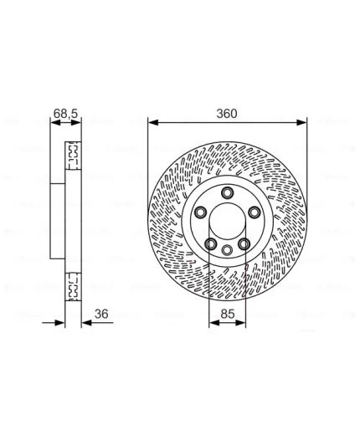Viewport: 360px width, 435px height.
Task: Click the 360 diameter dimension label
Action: pyautogui.click(x=227, y=114)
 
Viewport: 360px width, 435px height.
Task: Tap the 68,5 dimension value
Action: pyautogui.click(x=65, y=114)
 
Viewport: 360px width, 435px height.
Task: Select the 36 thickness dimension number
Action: pyautogui.click(x=101, y=314)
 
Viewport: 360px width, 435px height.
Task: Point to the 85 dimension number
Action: pyautogui.click(x=228, y=314)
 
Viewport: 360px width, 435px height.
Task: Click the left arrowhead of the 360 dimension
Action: pyautogui.click(x=153, y=122)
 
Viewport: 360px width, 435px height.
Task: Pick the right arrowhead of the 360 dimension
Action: pyautogui.click(x=301, y=122)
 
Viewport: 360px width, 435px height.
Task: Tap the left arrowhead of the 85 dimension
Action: pyautogui.click(x=214, y=323)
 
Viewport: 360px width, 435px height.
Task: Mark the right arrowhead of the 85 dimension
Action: pyautogui.click(x=240, y=323)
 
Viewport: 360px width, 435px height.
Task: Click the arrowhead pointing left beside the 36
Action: pyautogui.click(x=87, y=323)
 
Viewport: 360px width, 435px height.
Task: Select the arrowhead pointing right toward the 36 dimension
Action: pyautogui.click(x=59, y=323)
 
